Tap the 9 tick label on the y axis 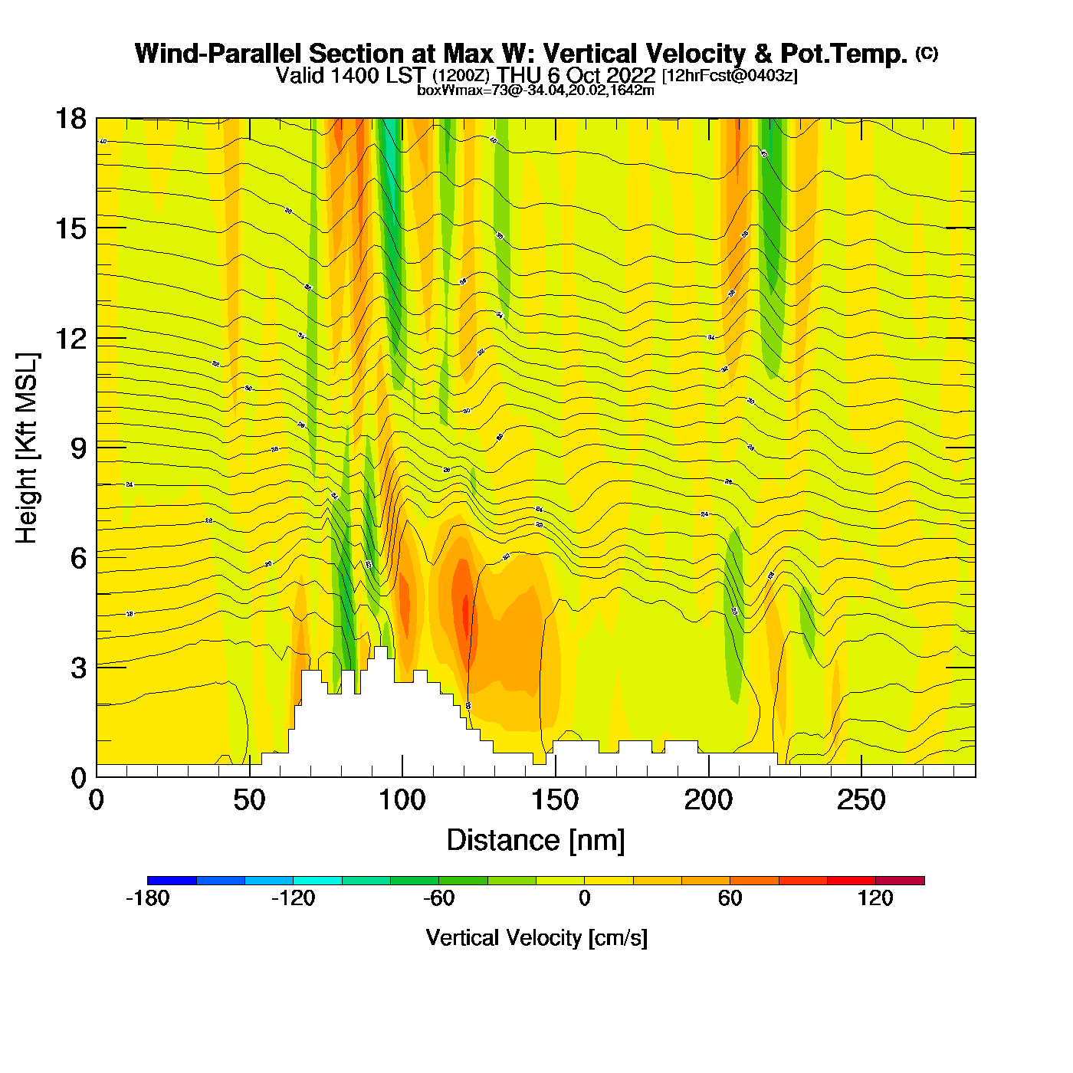[x=79, y=448]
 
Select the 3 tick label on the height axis [x=79, y=668]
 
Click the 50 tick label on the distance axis [x=249, y=801]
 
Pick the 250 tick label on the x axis [x=861, y=801]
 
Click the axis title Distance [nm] [x=536, y=841]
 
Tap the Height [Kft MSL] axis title [x=28, y=448]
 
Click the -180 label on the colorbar [x=147, y=898]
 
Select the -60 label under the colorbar [x=438, y=898]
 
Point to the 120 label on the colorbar [x=875, y=898]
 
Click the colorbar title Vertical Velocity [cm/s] [x=536, y=938]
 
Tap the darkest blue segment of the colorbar [x=172, y=881]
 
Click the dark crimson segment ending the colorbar [x=900, y=881]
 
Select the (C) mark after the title [x=927, y=53]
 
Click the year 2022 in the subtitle [x=632, y=75]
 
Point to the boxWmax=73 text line [x=536, y=90]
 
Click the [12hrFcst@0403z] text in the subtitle [x=730, y=76]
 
